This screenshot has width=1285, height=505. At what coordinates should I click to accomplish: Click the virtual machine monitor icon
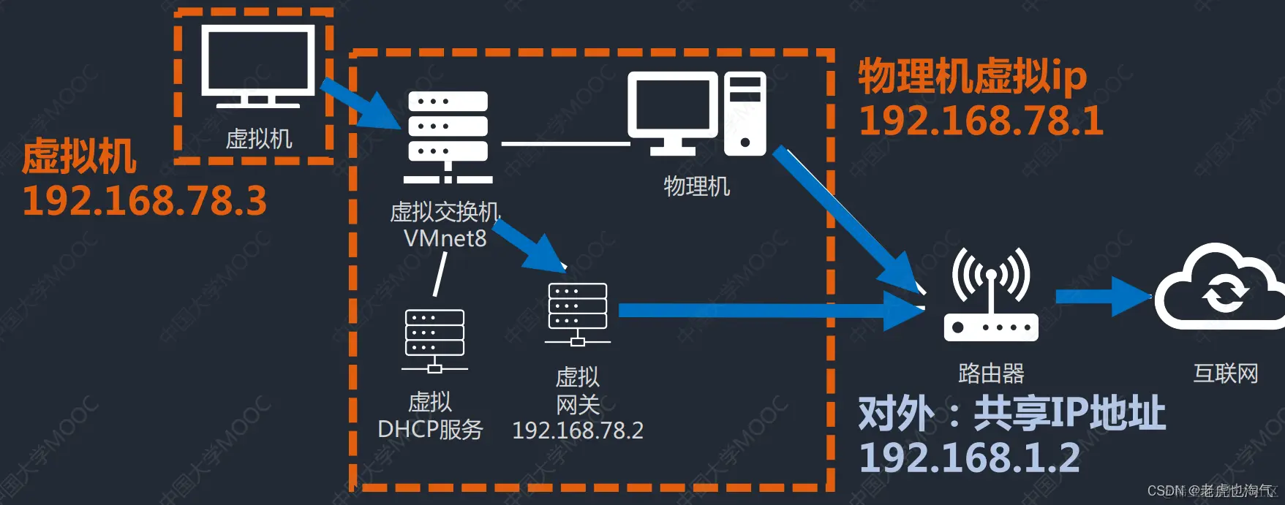point(257,66)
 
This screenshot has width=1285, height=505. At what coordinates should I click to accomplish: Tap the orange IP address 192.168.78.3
point(145,201)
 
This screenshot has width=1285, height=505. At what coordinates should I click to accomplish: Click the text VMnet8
point(445,238)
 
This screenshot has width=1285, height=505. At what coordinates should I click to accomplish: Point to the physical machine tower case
point(745,113)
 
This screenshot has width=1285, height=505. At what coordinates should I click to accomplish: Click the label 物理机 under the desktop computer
point(696,186)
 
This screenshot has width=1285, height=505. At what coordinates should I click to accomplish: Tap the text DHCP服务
point(430,429)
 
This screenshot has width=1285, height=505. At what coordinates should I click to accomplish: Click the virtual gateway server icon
point(578,314)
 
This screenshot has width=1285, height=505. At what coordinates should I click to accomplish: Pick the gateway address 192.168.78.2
point(578,430)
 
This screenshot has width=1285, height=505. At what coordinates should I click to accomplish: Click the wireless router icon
point(991,296)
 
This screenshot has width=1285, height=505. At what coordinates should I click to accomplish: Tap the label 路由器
point(991,373)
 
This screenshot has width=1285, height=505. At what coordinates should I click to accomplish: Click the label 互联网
point(1226,373)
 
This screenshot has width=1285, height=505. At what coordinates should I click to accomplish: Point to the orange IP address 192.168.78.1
point(981,121)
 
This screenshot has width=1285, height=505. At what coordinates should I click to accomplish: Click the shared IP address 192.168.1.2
point(969,458)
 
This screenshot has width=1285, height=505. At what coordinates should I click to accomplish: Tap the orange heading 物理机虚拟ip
point(972,77)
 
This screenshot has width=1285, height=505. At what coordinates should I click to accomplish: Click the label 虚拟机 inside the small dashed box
point(259,139)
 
